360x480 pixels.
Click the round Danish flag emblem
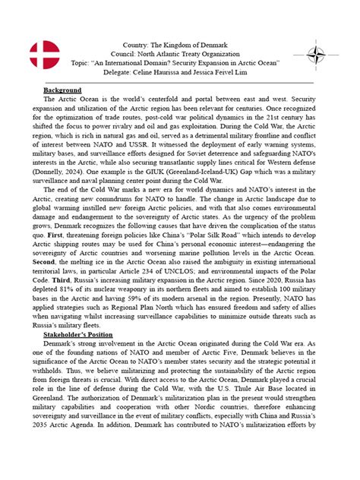44,55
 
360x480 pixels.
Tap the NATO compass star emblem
316,55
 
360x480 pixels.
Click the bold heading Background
62,90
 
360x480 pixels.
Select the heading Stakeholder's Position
86,334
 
